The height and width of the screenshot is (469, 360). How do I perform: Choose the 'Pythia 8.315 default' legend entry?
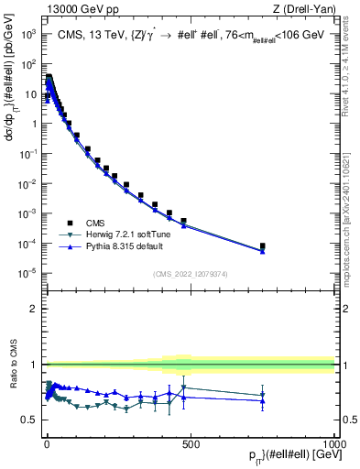click(95, 246)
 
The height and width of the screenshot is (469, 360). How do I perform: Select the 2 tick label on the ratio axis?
click(34, 309)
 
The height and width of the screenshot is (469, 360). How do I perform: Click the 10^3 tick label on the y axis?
click(28, 34)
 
